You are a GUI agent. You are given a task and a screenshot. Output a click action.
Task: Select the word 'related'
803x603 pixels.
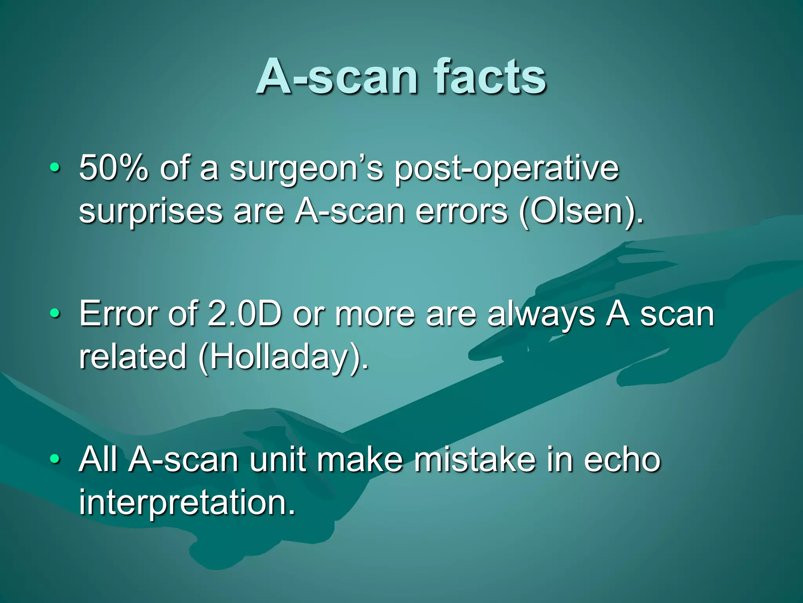click(133, 356)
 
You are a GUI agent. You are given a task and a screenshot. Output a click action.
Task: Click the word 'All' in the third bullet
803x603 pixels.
click(98, 459)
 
